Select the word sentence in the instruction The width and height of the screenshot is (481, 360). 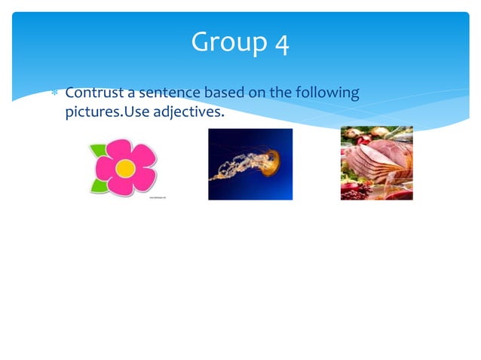point(163,93)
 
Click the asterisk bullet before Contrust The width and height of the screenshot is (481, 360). point(54,94)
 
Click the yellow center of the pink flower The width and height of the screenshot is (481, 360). point(124,168)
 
